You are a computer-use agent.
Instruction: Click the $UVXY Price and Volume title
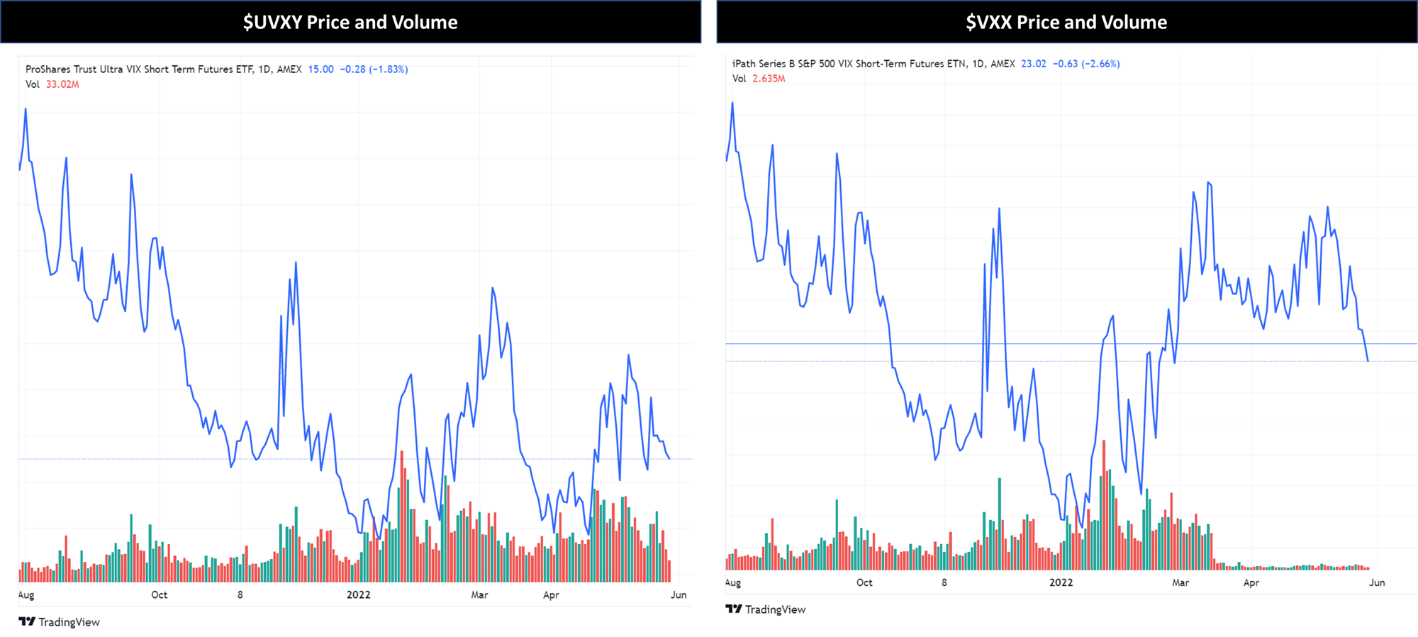pyautogui.click(x=350, y=22)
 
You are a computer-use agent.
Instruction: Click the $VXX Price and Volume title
pyautogui.click(x=1066, y=22)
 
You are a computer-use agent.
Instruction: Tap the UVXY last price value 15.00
pyautogui.click(x=320, y=69)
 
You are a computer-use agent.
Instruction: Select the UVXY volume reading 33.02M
pyautogui.click(x=62, y=84)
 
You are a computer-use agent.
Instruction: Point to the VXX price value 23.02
pyautogui.click(x=1033, y=64)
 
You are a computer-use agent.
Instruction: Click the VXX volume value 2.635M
pyautogui.click(x=769, y=79)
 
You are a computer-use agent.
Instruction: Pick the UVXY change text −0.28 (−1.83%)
pyautogui.click(x=374, y=69)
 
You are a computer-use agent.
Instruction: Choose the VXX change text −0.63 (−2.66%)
pyautogui.click(x=1086, y=64)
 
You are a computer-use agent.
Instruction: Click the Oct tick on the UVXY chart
pyautogui.click(x=160, y=594)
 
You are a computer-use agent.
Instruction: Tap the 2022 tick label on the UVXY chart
pyautogui.click(x=358, y=594)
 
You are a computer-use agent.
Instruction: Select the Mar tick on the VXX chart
pyautogui.click(x=1180, y=582)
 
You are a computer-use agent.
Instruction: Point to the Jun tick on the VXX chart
pyautogui.click(x=1377, y=582)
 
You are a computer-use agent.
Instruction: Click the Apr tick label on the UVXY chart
pyautogui.click(x=551, y=594)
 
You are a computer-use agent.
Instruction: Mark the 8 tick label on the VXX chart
pyautogui.click(x=944, y=582)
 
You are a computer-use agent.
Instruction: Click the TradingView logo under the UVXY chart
pyautogui.click(x=60, y=622)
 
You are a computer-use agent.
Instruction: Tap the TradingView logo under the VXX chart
pyautogui.click(x=766, y=609)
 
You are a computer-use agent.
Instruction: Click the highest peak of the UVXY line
pyautogui.click(x=26, y=109)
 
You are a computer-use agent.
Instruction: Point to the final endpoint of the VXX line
pyautogui.click(x=1368, y=361)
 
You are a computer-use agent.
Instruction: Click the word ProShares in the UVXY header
pyautogui.click(x=48, y=69)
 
